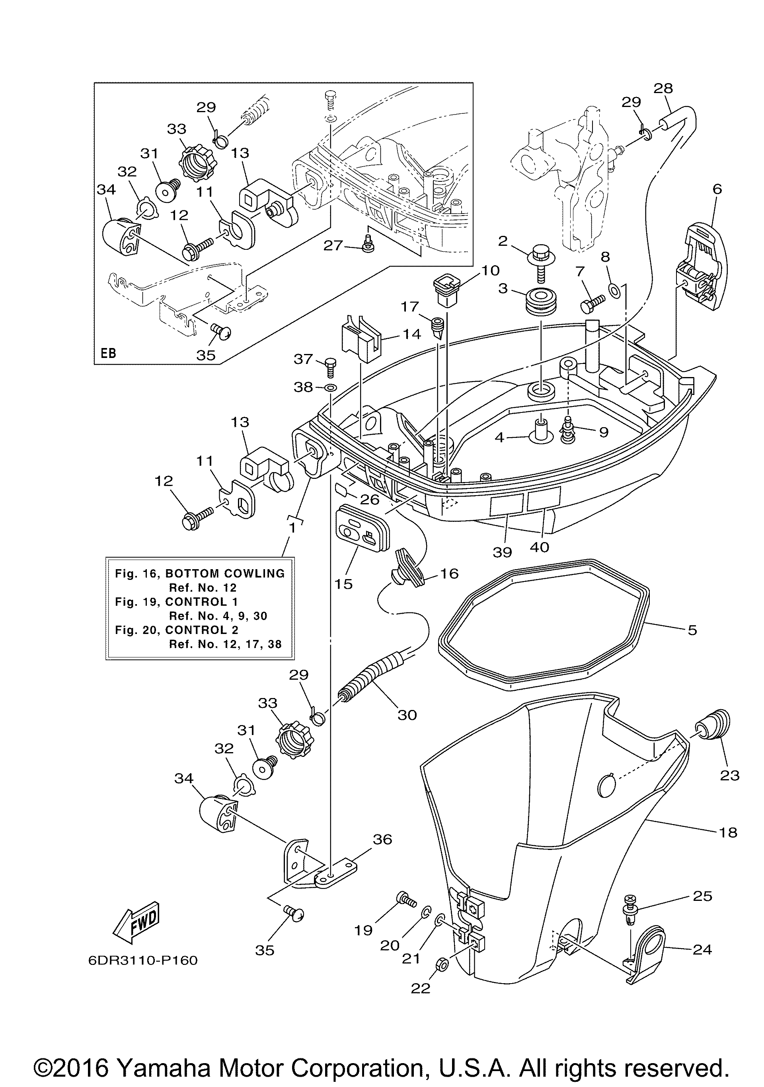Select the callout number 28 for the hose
663,89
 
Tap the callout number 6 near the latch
717,189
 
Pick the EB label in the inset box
109,353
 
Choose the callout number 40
540,547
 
